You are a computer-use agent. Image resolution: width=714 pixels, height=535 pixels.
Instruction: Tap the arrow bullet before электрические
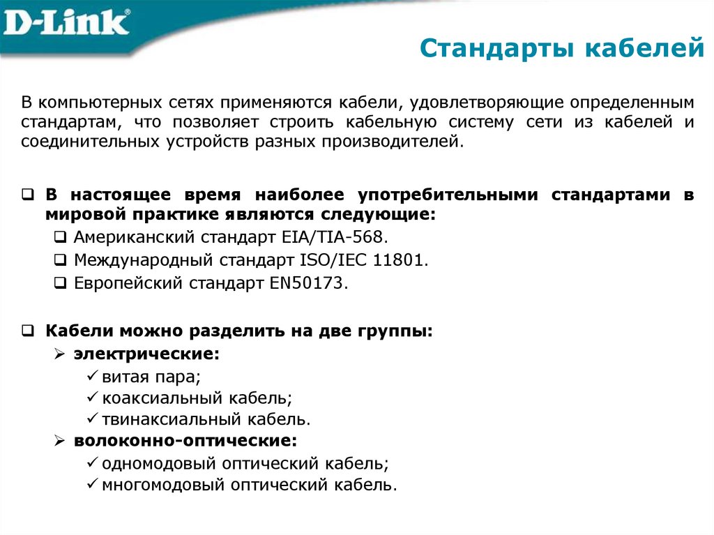point(60,354)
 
